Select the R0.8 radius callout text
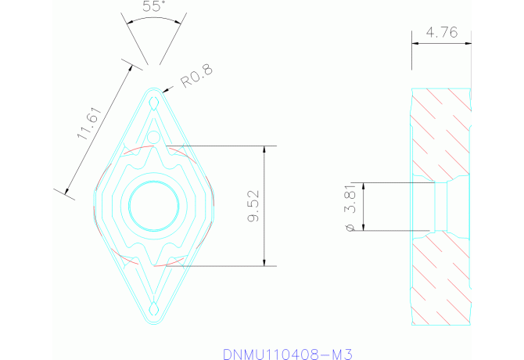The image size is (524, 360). (196, 76)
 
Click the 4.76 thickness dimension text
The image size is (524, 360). (442, 33)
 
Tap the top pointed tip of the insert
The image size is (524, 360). (154, 88)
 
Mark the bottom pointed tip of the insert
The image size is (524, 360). (154, 320)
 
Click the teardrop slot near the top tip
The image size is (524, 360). (155, 103)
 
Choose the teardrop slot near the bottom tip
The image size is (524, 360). (154, 307)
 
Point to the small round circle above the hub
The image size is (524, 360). (154, 138)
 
